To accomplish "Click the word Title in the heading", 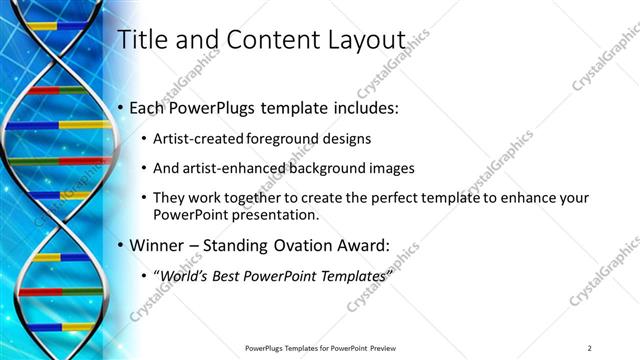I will coord(142,40).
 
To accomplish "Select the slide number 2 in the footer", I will coord(589,347).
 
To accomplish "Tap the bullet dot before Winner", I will coord(121,244).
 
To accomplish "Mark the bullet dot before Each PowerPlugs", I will coord(121,107).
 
